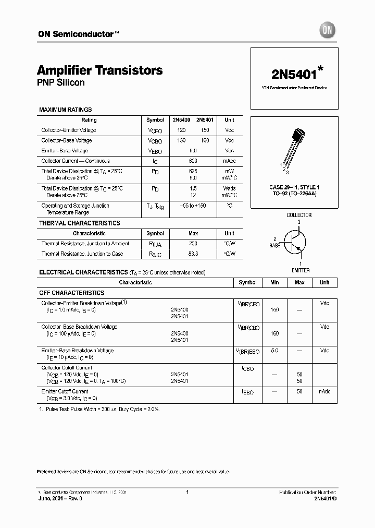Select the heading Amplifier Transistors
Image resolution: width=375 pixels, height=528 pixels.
coord(100,70)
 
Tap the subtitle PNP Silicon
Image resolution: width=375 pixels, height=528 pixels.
coord(61,82)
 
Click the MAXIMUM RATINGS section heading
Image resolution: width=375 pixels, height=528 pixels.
coord(66,110)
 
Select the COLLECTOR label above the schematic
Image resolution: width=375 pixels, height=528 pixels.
coord(299,215)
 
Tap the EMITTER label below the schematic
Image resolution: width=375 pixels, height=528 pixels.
coord(301,270)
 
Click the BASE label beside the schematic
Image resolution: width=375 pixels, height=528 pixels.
coord(275,245)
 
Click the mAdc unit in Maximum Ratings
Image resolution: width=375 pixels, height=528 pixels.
coord(229,161)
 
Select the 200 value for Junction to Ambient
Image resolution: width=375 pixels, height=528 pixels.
coord(193,244)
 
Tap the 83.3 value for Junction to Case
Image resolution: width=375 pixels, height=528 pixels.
coord(193,254)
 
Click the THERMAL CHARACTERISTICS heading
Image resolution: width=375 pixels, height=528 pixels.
coord(80,223)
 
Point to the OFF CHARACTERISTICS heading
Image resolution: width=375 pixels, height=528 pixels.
coord(72,293)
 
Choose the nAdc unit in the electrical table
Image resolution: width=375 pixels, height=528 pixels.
coord(324,391)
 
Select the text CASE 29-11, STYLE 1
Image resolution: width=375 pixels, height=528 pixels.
coord(294,187)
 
